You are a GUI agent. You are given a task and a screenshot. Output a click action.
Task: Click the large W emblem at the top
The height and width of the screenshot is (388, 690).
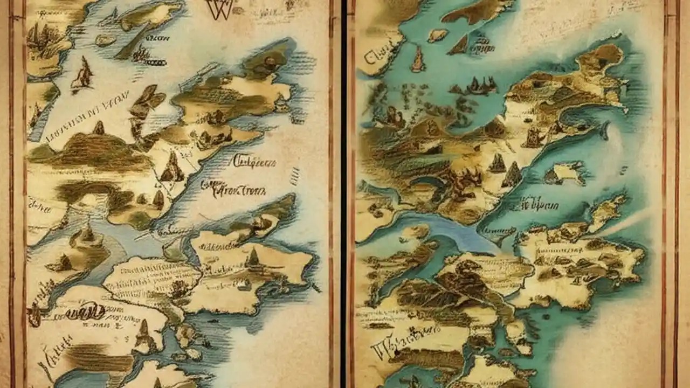pyautogui.click(x=220, y=9)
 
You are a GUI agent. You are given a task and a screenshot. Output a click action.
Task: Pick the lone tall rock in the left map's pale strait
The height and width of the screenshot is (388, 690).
pyautogui.click(x=83, y=73)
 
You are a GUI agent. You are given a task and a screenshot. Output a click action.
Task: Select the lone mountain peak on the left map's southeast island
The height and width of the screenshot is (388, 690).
pyautogui.click(x=252, y=259)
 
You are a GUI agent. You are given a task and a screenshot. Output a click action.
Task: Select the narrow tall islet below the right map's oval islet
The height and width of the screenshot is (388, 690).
pyautogui.click(x=418, y=59)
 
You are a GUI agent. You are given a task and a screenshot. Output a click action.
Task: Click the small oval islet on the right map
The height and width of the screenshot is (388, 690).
pyautogui.click(x=437, y=35)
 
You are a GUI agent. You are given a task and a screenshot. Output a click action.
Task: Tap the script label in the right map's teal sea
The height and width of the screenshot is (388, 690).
pyautogui.click(x=536, y=204)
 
